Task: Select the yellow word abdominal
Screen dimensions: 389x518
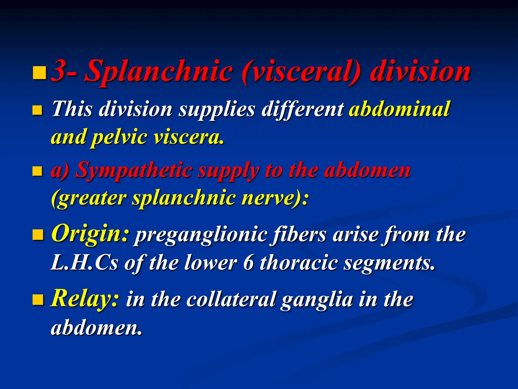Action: point(399,109)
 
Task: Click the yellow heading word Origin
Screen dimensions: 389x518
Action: point(90,234)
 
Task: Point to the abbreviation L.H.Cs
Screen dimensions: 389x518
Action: point(84,263)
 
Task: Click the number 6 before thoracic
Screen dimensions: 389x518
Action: point(248,263)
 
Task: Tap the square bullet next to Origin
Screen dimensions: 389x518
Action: point(38,235)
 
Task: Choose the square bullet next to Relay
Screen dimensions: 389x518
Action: point(38,300)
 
